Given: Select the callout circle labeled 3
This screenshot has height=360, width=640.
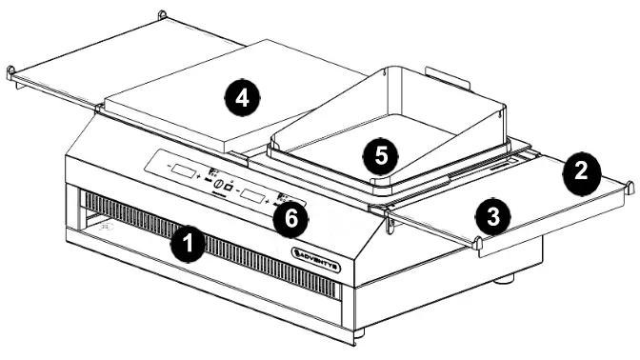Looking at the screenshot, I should (x=491, y=218).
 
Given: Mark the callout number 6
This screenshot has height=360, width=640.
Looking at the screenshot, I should (x=290, y=217).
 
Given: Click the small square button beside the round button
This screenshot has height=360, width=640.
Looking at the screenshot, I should (x=230, y=186).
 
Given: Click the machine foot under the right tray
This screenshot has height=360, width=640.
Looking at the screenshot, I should (x=506, y=279).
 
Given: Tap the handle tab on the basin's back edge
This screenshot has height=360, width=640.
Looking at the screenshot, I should (x=440, y=74).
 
